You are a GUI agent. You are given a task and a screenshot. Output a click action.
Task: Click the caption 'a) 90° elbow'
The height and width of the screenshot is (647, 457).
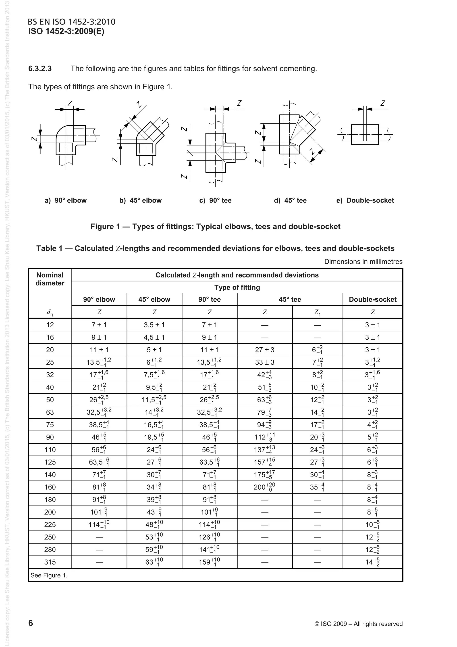pos(66,200)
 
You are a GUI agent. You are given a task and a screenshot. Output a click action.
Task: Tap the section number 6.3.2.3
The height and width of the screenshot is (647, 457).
pos(40,69)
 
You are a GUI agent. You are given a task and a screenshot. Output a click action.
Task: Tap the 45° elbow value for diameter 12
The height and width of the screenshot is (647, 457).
pos(154,325)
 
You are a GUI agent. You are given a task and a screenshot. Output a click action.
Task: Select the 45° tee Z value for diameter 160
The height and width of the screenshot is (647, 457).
pos(264,487)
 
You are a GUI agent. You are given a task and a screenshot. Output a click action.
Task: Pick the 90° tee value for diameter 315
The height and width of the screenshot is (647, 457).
pos(210,562)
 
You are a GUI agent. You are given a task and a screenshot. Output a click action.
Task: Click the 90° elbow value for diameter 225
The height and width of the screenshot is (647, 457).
pos(99,524)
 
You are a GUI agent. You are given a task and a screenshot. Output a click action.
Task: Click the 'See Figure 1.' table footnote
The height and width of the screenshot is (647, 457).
pos(49,575)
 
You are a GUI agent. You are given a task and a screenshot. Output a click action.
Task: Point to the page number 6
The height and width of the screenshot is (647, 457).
pos(31,623)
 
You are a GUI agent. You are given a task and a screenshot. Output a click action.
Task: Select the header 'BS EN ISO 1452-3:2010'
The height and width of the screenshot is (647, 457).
pos(72,22)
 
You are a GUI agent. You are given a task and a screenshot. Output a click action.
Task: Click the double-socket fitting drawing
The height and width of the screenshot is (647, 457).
pos(365,134)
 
